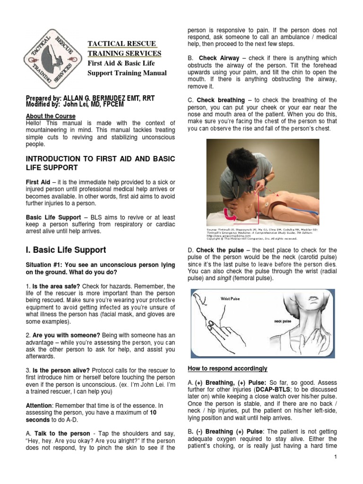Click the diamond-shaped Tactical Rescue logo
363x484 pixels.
[x=53, y=59]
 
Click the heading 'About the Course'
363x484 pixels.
[x=51, y=116]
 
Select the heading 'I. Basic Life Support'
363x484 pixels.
[x=66, y=250]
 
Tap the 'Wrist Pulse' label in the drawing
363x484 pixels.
[x=230, y=299]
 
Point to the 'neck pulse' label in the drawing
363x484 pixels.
[x=283, y=321]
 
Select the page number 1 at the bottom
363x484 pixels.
[x=336, y=457]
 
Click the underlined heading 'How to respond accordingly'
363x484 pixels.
[x=227, y=368]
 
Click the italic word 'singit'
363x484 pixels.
[x=224, y=278]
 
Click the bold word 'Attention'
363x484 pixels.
[x=39, y=406]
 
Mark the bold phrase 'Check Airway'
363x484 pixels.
[x=219, y=58]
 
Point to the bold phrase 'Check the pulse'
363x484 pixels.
[x=220, y=250]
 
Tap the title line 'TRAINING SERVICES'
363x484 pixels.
[x=124, y=53]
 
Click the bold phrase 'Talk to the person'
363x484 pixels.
[x=62, y=433]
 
